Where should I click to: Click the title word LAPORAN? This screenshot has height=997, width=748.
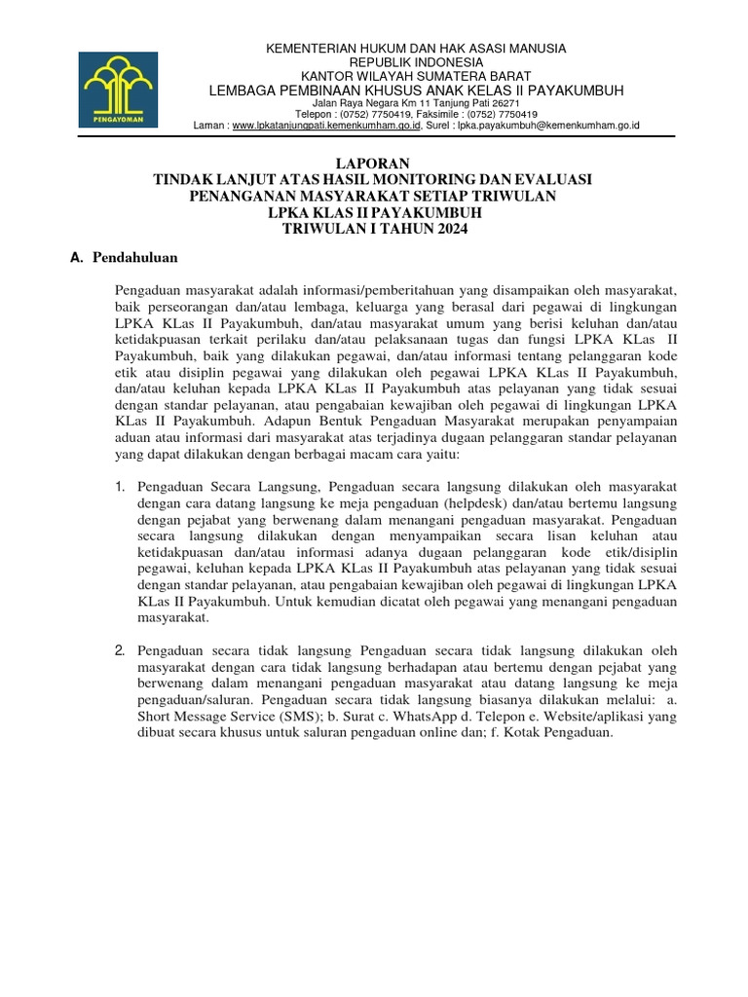[374, 163]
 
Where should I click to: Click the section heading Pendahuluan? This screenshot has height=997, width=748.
[134, 258]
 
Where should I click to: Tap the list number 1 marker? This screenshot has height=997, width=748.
[119, 486]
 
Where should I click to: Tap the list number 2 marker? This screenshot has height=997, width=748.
[119, 649]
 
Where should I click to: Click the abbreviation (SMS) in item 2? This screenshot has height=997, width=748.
[270, 717]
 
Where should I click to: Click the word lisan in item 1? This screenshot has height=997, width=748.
[506, 535]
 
